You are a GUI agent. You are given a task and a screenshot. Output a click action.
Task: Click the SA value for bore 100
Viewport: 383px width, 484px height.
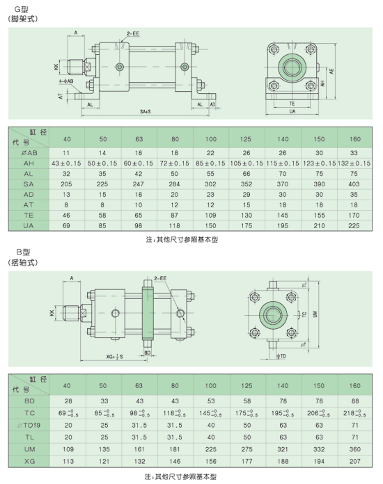210,184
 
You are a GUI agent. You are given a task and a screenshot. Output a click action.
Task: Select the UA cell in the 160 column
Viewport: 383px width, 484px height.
354,225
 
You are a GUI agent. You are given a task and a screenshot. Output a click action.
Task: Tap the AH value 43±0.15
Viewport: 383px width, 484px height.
66,163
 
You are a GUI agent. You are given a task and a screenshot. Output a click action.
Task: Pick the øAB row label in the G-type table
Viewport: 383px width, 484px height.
29,152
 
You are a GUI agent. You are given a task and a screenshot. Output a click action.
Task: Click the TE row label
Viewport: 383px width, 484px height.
29,215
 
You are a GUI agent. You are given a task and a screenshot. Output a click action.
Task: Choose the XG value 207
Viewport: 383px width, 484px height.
354,461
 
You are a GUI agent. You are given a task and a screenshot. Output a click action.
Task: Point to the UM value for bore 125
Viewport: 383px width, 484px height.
247,449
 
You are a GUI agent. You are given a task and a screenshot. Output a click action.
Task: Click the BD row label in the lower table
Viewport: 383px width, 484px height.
29,401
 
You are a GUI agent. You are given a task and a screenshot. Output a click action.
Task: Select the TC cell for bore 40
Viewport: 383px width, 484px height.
68,413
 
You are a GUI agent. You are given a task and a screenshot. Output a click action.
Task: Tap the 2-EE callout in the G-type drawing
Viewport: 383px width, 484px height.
133,33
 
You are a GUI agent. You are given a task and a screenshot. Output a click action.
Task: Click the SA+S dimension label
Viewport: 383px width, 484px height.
146,111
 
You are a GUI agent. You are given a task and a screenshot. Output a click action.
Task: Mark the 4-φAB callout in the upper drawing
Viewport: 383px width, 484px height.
66,81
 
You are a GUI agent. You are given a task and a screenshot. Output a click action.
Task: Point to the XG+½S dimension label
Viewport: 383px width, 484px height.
115,357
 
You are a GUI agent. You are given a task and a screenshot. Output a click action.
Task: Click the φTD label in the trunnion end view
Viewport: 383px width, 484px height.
281,356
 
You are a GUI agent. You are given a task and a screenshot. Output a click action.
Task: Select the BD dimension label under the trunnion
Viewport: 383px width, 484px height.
148,353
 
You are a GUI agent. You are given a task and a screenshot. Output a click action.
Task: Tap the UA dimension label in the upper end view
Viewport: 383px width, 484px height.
292,111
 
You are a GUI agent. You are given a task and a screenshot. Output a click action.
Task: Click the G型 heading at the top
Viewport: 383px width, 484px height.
22,10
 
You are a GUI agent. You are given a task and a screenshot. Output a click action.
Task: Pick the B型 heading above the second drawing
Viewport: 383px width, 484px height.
23,252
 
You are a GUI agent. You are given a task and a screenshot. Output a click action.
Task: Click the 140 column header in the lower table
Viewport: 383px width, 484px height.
283,385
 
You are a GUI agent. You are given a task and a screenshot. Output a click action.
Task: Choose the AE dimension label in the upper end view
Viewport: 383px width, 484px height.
331,72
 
